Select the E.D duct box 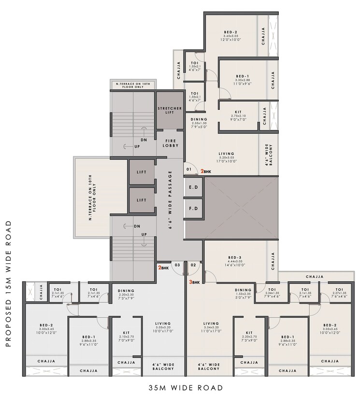pyautogui.click(x=194, y=187)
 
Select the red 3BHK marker pyautogui.click(x=194, y=283)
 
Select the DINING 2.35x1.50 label pyautogui.click(x=199, y=123)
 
